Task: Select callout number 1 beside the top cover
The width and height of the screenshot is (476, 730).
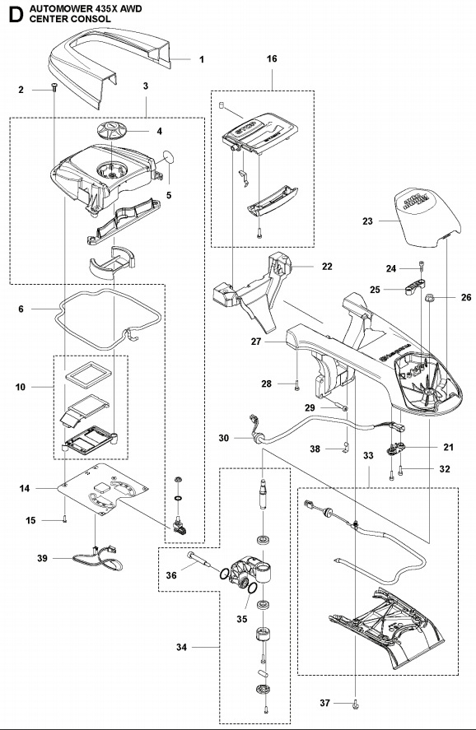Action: [x=201, y=59]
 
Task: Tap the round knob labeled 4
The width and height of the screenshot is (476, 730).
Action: [x=112, y=130]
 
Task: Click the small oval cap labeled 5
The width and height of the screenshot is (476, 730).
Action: [x=169, y=156]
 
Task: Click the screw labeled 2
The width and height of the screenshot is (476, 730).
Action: [x=54, y=89]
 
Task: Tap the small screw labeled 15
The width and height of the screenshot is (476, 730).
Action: [x=63, y=518]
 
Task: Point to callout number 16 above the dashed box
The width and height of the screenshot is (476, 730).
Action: [x=272, y=59]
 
